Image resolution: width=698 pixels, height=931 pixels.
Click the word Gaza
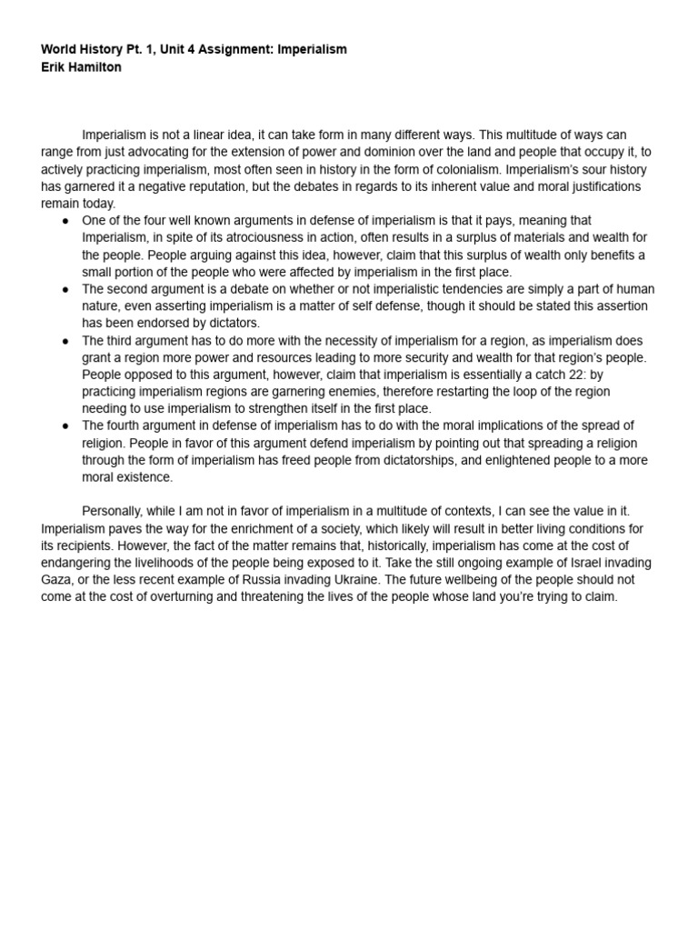(56, 580)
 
